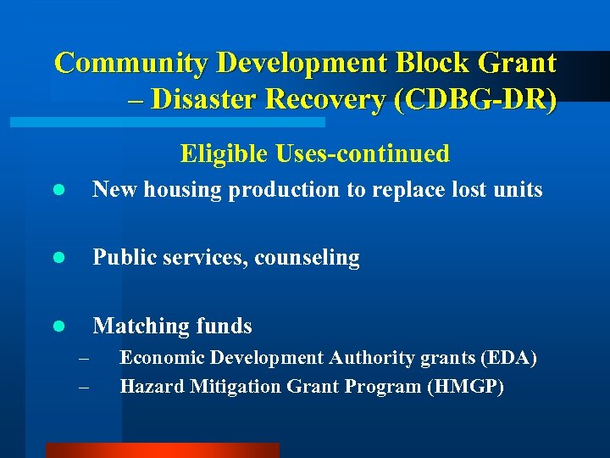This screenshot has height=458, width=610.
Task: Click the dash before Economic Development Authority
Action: pyautogui.click(x=82, y=360)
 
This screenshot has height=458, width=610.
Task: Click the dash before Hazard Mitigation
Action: pyautogui.click(x=82, y=388)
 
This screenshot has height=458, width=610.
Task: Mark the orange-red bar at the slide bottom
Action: pyautogui.click(x=162, y=450)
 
